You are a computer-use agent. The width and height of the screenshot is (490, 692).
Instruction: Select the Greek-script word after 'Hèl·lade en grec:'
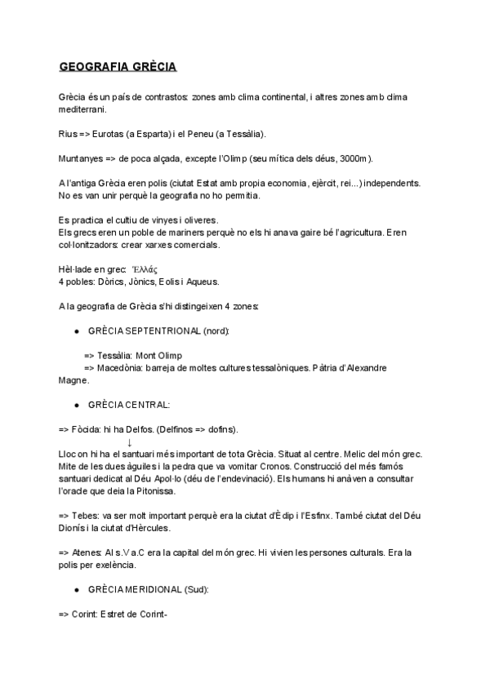point(144,269)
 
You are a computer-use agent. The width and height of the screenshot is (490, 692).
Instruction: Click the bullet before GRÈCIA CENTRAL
point(76,404)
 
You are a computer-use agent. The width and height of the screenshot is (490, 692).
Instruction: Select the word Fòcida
point(88,428)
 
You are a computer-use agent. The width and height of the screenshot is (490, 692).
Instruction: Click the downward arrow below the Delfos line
point(130,441)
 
